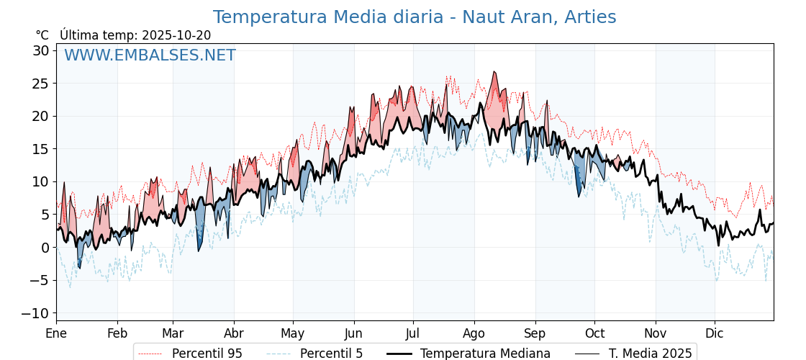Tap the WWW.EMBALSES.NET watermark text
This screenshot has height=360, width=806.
coord(150,55)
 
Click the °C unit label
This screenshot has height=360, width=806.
coord(42,35)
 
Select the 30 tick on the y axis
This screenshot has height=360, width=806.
coord(40,50)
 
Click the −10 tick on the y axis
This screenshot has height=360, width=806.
coord(35,313)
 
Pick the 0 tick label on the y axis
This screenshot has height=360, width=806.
coord(45,248)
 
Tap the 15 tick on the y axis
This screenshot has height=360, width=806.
coord(40,149)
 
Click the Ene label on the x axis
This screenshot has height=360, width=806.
coord(56,333)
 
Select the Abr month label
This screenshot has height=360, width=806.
coord(234,333)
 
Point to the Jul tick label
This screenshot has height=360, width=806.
coord(413,333)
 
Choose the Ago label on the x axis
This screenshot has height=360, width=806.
coord(474,333)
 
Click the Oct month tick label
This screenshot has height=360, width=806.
coord(594,333)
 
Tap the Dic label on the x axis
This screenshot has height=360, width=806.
coord(715,333)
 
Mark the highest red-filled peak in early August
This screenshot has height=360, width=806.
coord(494,73)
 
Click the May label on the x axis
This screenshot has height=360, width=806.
coord(293,333)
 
